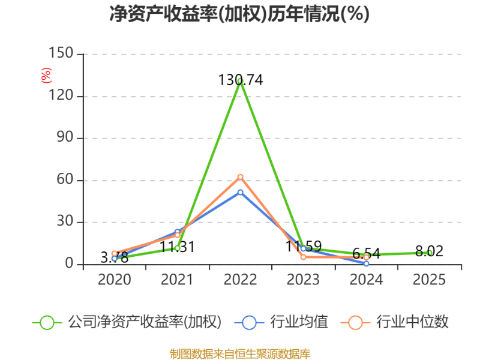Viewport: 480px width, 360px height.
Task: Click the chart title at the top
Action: coord(239,14)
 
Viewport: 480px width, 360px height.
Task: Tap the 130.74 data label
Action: coord(241,80)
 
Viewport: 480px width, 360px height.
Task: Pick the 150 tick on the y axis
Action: coord(62,54)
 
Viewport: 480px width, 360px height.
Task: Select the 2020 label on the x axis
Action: coord(114,280)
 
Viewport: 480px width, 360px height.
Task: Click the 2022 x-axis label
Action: coord(240,280)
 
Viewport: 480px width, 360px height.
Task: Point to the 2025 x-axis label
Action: coord(430,280)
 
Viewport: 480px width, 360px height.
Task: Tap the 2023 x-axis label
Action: coord(303,280)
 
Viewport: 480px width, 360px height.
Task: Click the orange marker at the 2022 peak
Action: coord(240,177)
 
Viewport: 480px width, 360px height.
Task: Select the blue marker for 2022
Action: coord(240,192)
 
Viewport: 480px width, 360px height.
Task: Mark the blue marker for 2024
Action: coord(366,263)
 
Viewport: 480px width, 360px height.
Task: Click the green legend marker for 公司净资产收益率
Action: coord(47,322)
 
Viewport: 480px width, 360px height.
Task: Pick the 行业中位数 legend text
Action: coord(412,322)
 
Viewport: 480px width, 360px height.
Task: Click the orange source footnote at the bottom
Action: coord(240,353)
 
